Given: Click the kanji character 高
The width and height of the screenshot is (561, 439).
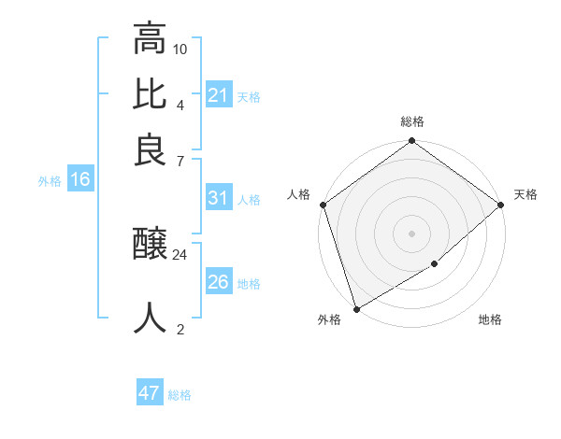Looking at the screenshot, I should point(150,39).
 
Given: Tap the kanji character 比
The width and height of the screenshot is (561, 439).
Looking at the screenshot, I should point(150,94).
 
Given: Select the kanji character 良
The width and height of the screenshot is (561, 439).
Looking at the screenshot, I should point(150,149).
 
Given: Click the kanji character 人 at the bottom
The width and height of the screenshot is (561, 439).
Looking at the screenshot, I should point(150,318).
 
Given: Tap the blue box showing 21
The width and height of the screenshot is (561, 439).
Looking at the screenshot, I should point(218,95).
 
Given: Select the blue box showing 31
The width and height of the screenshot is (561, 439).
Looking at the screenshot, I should point(218,198).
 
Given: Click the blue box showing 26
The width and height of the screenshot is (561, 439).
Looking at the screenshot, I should point(218,282).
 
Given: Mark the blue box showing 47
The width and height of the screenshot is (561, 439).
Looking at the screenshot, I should point(150,393).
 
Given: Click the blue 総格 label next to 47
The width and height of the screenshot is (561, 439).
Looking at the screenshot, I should point(180,395).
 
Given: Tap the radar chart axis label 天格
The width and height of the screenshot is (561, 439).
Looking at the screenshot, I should point(525,194).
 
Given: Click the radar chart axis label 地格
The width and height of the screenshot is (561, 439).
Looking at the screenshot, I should point(490,320).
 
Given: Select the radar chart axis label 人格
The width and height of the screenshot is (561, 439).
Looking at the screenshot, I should point(299,194).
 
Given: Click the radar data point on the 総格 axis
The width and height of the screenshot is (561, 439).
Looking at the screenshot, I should point(411,142).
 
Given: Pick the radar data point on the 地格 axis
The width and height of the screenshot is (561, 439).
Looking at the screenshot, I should point(435,264).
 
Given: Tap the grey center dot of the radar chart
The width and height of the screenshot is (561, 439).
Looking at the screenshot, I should point(411,233).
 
